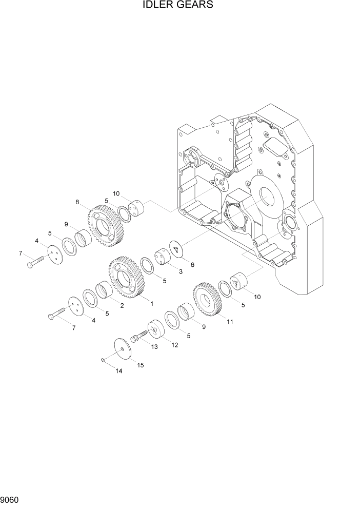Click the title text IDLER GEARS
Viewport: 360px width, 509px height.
178,5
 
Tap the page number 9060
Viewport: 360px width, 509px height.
9,500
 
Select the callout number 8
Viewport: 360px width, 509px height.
77,202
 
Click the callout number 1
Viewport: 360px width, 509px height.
151,304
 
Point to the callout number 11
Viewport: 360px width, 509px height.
230,322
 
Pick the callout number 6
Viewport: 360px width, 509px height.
192,265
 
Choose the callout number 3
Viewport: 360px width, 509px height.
181,272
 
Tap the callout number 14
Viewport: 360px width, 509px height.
119,370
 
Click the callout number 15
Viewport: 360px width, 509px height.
140,365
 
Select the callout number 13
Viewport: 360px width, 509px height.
154,347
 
